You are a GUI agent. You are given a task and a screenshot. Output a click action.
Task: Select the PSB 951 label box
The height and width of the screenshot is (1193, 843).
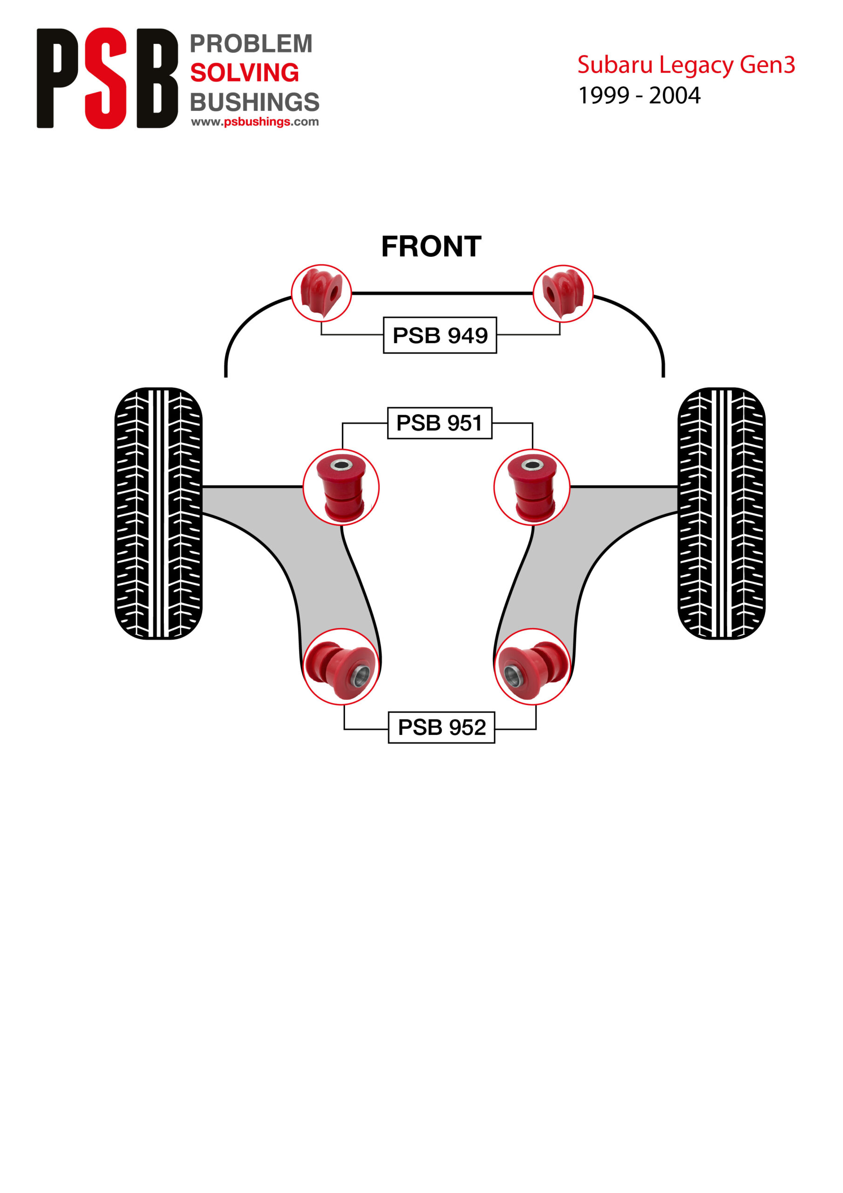pyautogui.click(x=439, y=423)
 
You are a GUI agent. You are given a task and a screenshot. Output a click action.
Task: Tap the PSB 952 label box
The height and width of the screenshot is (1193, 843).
pyautogui.click(x=441, y=727)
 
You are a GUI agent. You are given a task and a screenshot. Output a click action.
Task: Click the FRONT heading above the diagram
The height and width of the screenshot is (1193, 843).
pyautogui.click(x=431, y=247)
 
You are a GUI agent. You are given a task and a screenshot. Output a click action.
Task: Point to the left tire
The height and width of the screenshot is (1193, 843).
pyautogui.click(x=158, y=514)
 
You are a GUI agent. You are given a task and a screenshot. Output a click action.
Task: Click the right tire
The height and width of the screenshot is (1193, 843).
pyautogui.click(x=721, y=514)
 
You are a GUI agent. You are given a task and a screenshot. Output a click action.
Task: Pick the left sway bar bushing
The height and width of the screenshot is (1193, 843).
pyautogui.click(x=321, y=293)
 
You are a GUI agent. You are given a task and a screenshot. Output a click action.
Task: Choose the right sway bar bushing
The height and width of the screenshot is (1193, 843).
pyautogui.click(x=563, y=294)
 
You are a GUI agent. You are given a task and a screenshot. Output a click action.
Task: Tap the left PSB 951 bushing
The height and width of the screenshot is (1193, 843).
pyautogui.click(x=341, y=487)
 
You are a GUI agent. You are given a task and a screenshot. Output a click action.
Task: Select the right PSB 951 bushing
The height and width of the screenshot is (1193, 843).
pyautogui.click(x=531, y=487)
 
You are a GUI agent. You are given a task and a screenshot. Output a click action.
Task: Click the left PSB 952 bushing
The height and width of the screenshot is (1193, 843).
pyautogui.click(x=341, y=667)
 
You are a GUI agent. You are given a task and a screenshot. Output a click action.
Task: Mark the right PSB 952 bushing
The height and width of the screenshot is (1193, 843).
pyautogui.click(x=531, y=667)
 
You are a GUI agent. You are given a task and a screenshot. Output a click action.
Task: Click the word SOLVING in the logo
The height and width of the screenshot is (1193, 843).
pyautogui.click(x=244, y=73)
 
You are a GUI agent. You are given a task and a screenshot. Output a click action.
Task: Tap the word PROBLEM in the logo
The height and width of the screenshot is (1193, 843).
pyautogui.click(x=251, y=44)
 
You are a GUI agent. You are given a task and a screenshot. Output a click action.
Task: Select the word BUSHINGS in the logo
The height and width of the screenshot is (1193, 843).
pyautogui.click(x=254, y=102)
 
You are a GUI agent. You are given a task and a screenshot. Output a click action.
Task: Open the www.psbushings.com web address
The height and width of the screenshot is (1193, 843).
pyautogui.click(x=254, y=122)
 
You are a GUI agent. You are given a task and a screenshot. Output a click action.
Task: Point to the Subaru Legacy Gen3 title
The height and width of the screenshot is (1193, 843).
pyautogui.click(x=686, y=65)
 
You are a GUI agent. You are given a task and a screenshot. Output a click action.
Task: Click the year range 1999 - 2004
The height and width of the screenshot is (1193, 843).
pyautogui.click(x=639, y=96)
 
